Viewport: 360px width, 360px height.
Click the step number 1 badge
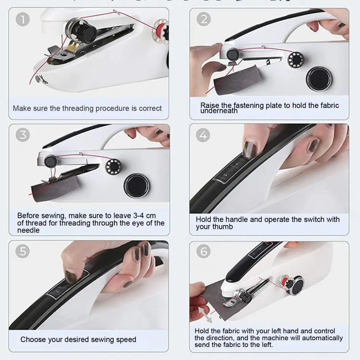coord(23,19)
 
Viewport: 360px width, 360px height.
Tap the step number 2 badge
coord(204,19)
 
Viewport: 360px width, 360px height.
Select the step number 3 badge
coord(23,135)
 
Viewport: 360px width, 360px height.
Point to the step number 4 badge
coord(203,135)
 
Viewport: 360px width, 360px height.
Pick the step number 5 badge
coord(23,251)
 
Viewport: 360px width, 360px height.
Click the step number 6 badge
coord(204,251)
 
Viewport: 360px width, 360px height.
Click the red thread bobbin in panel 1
coord(161,30)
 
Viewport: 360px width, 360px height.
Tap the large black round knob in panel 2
coord(319,79)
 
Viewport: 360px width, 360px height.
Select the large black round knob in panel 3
coord(136,186)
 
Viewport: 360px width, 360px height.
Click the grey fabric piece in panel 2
coord(237,80)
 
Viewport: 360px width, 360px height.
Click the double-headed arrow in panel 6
coord(205,315)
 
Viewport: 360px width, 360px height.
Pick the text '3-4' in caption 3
coord(139,215)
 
